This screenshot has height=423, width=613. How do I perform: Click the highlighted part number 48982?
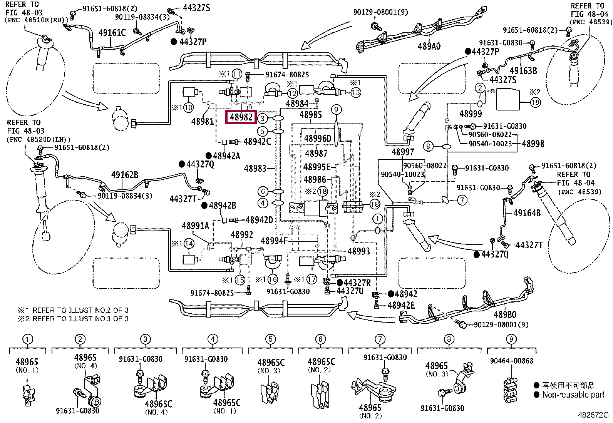click(241, 117)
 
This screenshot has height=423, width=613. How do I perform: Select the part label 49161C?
click(112, 33)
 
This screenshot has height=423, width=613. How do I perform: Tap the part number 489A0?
click(429, 46)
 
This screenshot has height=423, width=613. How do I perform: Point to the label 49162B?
click(124, 175)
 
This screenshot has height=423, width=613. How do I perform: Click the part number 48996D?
click(318, 139)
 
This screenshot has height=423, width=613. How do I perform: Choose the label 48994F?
click(275, 241)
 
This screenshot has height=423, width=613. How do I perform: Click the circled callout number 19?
click(535, 102)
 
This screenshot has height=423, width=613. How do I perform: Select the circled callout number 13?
click(355, 92)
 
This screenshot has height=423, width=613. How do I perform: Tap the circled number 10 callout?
click(188, 107)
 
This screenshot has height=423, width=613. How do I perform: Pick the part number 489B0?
click(505, 314)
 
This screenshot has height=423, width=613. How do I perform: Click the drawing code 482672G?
click(593, 415)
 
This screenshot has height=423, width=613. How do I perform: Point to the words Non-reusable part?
click(573, 395)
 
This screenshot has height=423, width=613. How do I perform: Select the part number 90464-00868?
click(511, 361)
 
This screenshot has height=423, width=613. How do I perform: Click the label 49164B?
click(527, 212)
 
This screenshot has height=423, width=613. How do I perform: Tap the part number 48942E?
click(401, 305)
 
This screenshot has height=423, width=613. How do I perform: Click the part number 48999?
click(471, 114)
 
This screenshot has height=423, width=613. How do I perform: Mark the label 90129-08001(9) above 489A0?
click(380, 12)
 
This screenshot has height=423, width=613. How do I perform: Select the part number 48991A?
click(195, 226)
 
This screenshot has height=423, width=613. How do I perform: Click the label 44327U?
click(350, 291)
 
